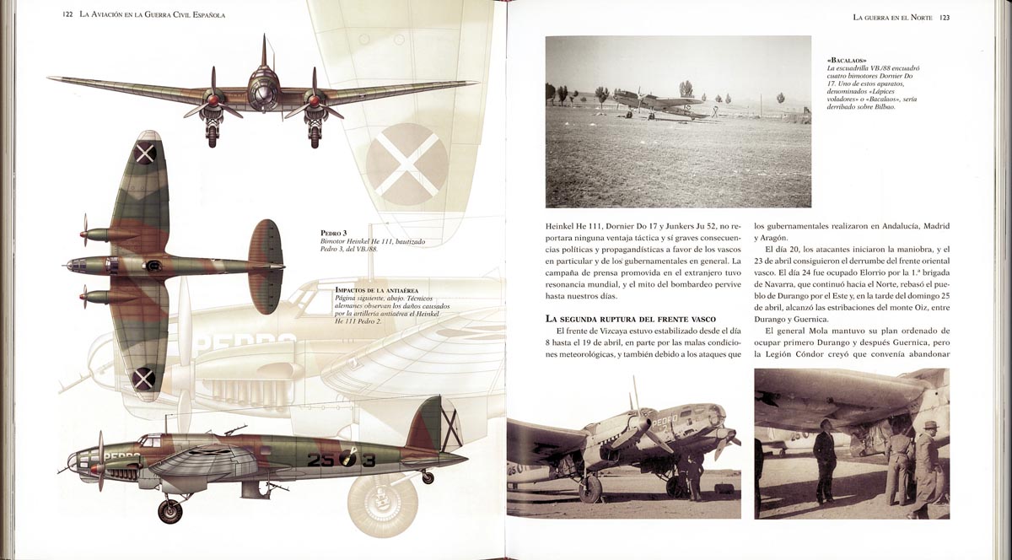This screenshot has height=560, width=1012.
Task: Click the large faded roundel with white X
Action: [408, 164]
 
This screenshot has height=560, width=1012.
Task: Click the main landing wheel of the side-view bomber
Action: [170, 509]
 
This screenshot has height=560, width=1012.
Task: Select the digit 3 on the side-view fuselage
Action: [368, 460]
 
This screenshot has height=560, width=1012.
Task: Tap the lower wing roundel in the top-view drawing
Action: [143, 379]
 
